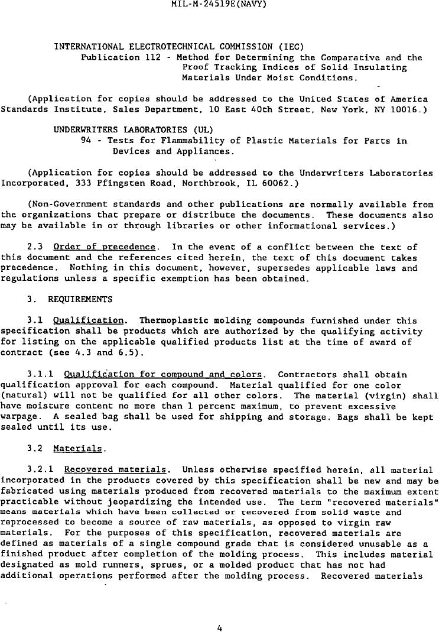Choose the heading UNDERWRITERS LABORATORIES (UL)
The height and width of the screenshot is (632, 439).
coord(134,130)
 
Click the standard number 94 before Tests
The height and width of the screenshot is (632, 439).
coord(86,141)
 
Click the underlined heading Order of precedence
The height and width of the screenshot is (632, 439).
coord(105,247)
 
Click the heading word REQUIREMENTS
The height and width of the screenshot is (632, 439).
coord(80,299)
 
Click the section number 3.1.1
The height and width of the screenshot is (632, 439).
coord(41,374)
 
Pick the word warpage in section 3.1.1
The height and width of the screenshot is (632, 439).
coord(19,416)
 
